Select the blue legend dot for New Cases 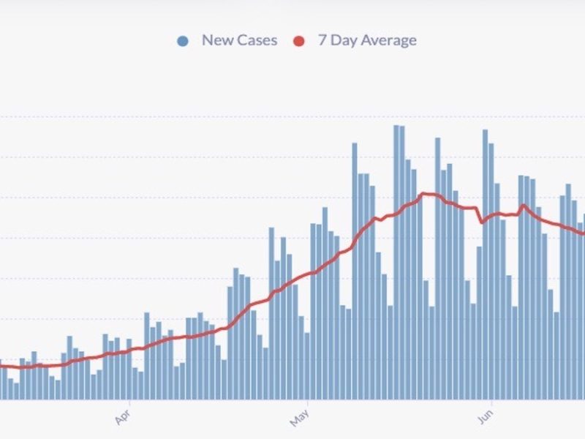[183, 41]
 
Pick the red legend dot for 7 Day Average [298, 41]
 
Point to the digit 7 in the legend [322, 40]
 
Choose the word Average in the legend [388, 40]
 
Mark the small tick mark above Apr [129, 402]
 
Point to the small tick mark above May [308, 402]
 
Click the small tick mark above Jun [490, 402]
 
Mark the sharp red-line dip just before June [481, 222]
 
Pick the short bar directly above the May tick [307, 366]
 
